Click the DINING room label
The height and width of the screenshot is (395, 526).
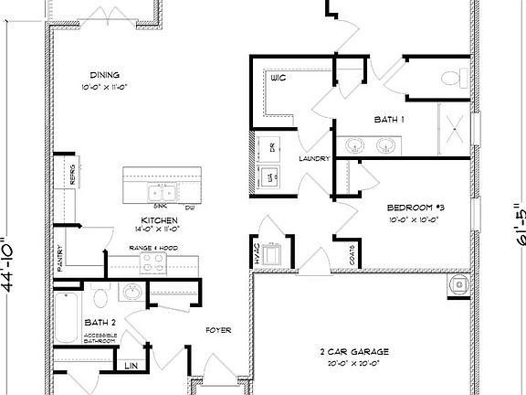pos(105,75)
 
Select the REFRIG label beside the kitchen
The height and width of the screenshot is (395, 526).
pos(72,175)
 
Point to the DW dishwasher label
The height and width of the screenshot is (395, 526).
pos(190,208)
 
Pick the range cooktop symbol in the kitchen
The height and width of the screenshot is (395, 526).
pos(153,264)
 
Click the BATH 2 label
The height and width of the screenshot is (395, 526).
pos(100,323)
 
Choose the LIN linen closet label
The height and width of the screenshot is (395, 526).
pos(130,367)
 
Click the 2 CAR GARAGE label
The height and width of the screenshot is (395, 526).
pos(355,351)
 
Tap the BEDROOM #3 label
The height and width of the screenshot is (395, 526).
pos(416,207)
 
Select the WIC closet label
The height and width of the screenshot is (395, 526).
pos(279,80)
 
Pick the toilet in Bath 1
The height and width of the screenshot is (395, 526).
pos(449,79)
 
